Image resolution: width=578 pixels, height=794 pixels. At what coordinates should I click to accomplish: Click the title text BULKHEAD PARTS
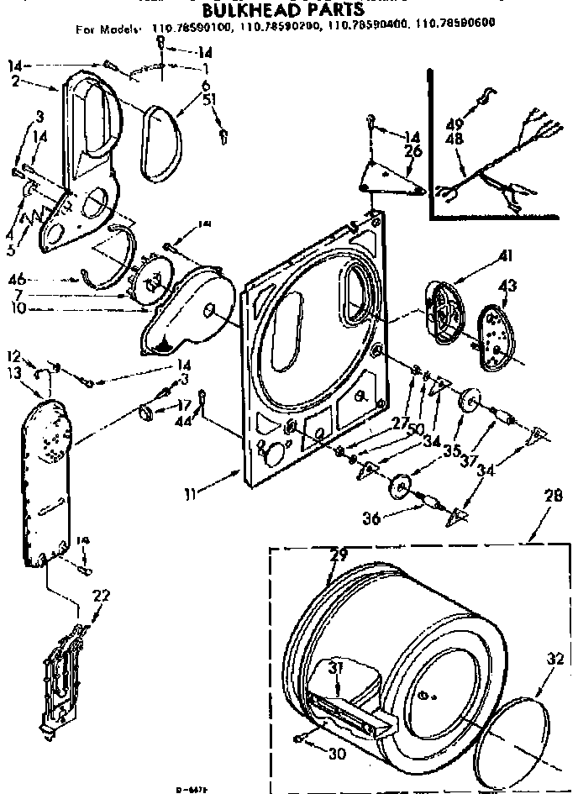click(x=284, y=10)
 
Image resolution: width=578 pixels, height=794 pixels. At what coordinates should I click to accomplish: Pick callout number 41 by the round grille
click(x=507, y=255)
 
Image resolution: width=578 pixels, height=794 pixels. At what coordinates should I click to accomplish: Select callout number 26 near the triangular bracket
click(x=411, y=152)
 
